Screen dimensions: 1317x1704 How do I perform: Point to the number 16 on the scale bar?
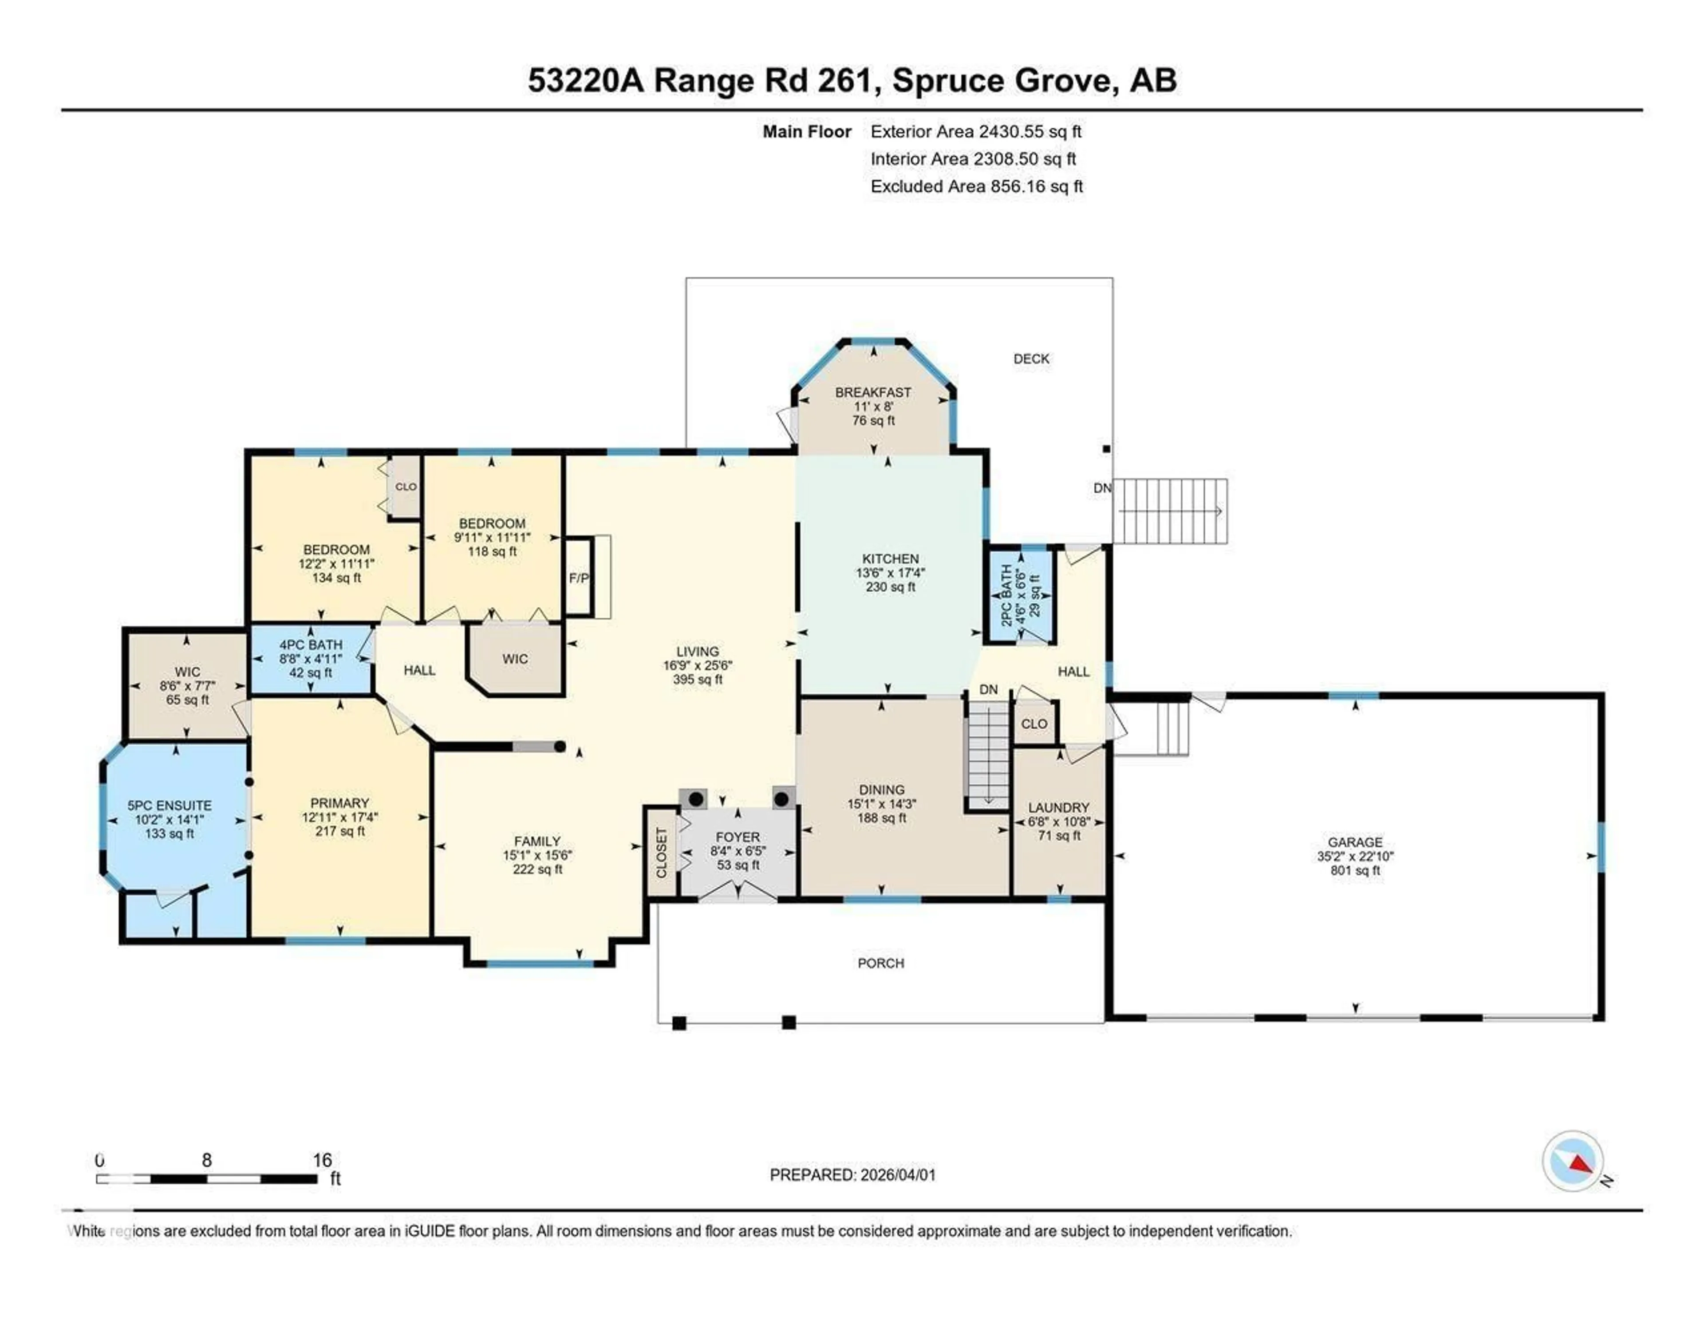tap(322, 1160)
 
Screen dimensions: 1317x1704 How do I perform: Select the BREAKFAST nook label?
tap(872, 393)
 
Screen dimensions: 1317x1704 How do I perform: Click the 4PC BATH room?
tap(311, 658)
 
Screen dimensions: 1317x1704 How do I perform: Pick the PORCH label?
tap(881, 963)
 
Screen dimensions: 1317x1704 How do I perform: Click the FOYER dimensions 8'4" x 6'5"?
tap(738, 851)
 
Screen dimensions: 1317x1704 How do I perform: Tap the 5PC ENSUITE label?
tap(170, 806)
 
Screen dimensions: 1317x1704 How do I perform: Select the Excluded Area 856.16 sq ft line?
tap(976, 186)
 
